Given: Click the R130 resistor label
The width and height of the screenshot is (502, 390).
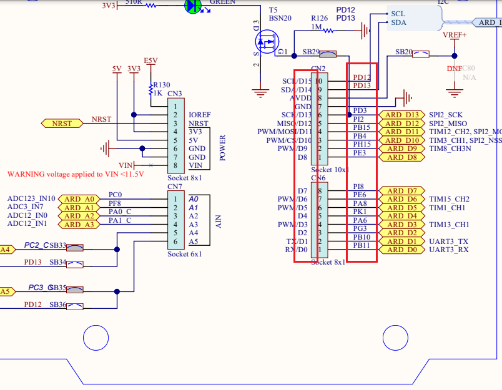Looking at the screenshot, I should click(x=161, y=85).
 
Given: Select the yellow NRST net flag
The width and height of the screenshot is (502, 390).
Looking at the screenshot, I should click(x=62, y=123).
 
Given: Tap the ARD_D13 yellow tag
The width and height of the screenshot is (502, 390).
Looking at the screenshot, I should click(x=402, y=115).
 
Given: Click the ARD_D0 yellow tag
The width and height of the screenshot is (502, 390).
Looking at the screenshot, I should click(x=401, y=250).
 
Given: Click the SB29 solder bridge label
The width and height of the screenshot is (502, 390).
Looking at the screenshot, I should click(x=310, y=52).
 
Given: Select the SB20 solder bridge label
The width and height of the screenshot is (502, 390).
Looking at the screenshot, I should click(x=404, y=52).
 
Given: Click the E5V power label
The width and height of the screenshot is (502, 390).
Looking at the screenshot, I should click(x=150, y=61).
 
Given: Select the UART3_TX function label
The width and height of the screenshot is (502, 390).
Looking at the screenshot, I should click(x=448, y=241).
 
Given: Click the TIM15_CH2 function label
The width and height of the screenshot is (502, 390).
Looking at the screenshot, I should click(x=449, y=199).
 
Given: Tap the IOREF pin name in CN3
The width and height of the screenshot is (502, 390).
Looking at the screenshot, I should click(x=199, y=115).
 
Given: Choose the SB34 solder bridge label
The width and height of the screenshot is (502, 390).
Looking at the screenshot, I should click(x=57, y=262).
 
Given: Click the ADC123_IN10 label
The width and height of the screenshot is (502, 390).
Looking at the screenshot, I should click(x=31, y=198).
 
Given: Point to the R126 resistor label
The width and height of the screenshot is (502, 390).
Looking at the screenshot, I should click(x=320, y=18).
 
